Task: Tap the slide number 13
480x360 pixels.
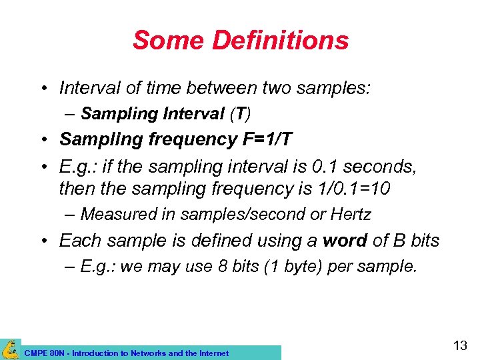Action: (x=459, y=345)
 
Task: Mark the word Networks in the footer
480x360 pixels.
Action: (x=149, y=353)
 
